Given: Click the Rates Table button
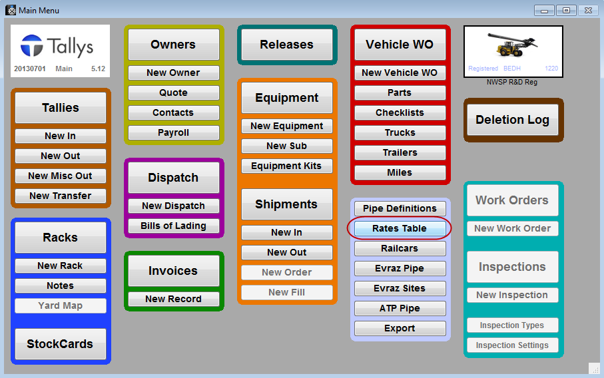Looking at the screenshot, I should (x=400, y=228).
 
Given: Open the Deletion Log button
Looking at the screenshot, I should (x=512, y=120).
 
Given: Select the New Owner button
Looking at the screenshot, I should (x=173, y=73).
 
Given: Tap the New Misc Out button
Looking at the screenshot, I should (x=60, y=176).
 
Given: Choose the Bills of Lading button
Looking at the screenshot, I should (x=173, y=226).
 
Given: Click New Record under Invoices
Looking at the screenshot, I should (x=173, y=299).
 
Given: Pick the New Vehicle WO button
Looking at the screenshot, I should (x=400, y=73).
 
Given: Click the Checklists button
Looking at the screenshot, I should (x=400, y=112).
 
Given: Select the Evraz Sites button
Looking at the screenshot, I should (x=400, y=288).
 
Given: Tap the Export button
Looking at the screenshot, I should (x=400, y=328).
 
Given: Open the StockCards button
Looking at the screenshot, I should (x=60, y=344).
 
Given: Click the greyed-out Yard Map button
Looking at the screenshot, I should (x=60, y=305).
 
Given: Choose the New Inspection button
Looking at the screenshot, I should (x=512, y=295).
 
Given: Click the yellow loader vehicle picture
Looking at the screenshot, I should (x=513, y=46).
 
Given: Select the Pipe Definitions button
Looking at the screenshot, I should (x=400, y=208).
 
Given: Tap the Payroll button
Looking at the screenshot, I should (x=173, y=132).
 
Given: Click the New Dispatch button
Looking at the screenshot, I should (x=173, y=206).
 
